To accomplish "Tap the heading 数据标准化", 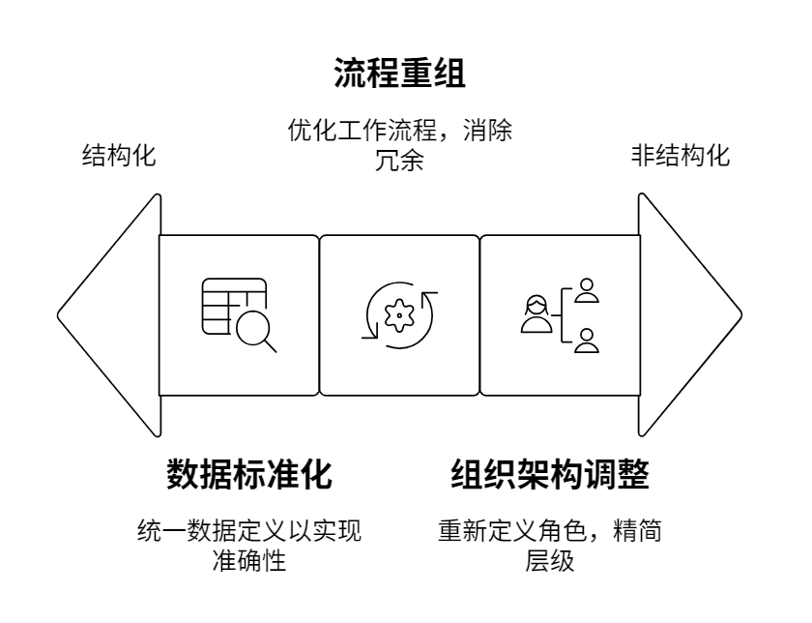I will point(249,476).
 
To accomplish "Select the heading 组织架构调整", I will point(549,476).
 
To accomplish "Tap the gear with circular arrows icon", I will point(399,315).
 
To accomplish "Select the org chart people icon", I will point(561,315).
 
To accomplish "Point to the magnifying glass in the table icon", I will point(256,332).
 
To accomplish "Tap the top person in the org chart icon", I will point(585,291).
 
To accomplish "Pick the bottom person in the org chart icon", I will point(585,340).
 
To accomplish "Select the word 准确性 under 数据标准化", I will point(249,561).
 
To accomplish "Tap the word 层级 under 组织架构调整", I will point(549,561).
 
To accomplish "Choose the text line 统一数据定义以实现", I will point(249,532).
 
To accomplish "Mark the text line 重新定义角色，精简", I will point(549,532).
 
